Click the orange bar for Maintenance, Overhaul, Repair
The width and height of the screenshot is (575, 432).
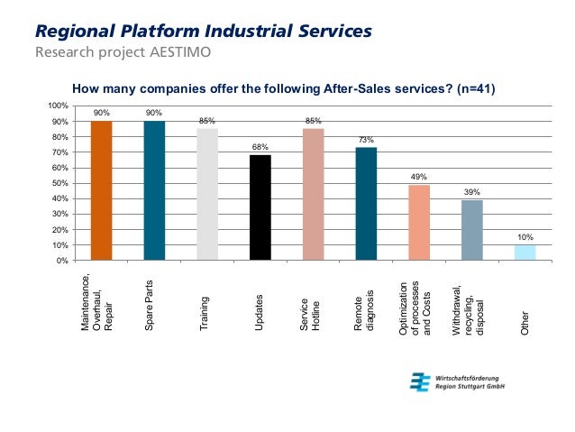102,190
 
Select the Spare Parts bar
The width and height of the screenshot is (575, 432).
154,190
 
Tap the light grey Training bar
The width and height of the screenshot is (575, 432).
207,194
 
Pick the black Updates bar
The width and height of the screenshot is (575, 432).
260,207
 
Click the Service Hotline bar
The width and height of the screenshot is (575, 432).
314,194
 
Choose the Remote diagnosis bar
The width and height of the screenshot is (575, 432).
366,204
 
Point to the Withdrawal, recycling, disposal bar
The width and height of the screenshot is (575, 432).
472,230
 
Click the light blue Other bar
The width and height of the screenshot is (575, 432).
525,253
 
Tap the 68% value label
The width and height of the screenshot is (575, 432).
260,146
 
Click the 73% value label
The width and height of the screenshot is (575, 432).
366,139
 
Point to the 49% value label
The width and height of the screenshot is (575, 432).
419,177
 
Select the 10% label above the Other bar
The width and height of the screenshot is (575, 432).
525,237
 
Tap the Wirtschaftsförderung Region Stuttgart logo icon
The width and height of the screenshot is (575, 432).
418,381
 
